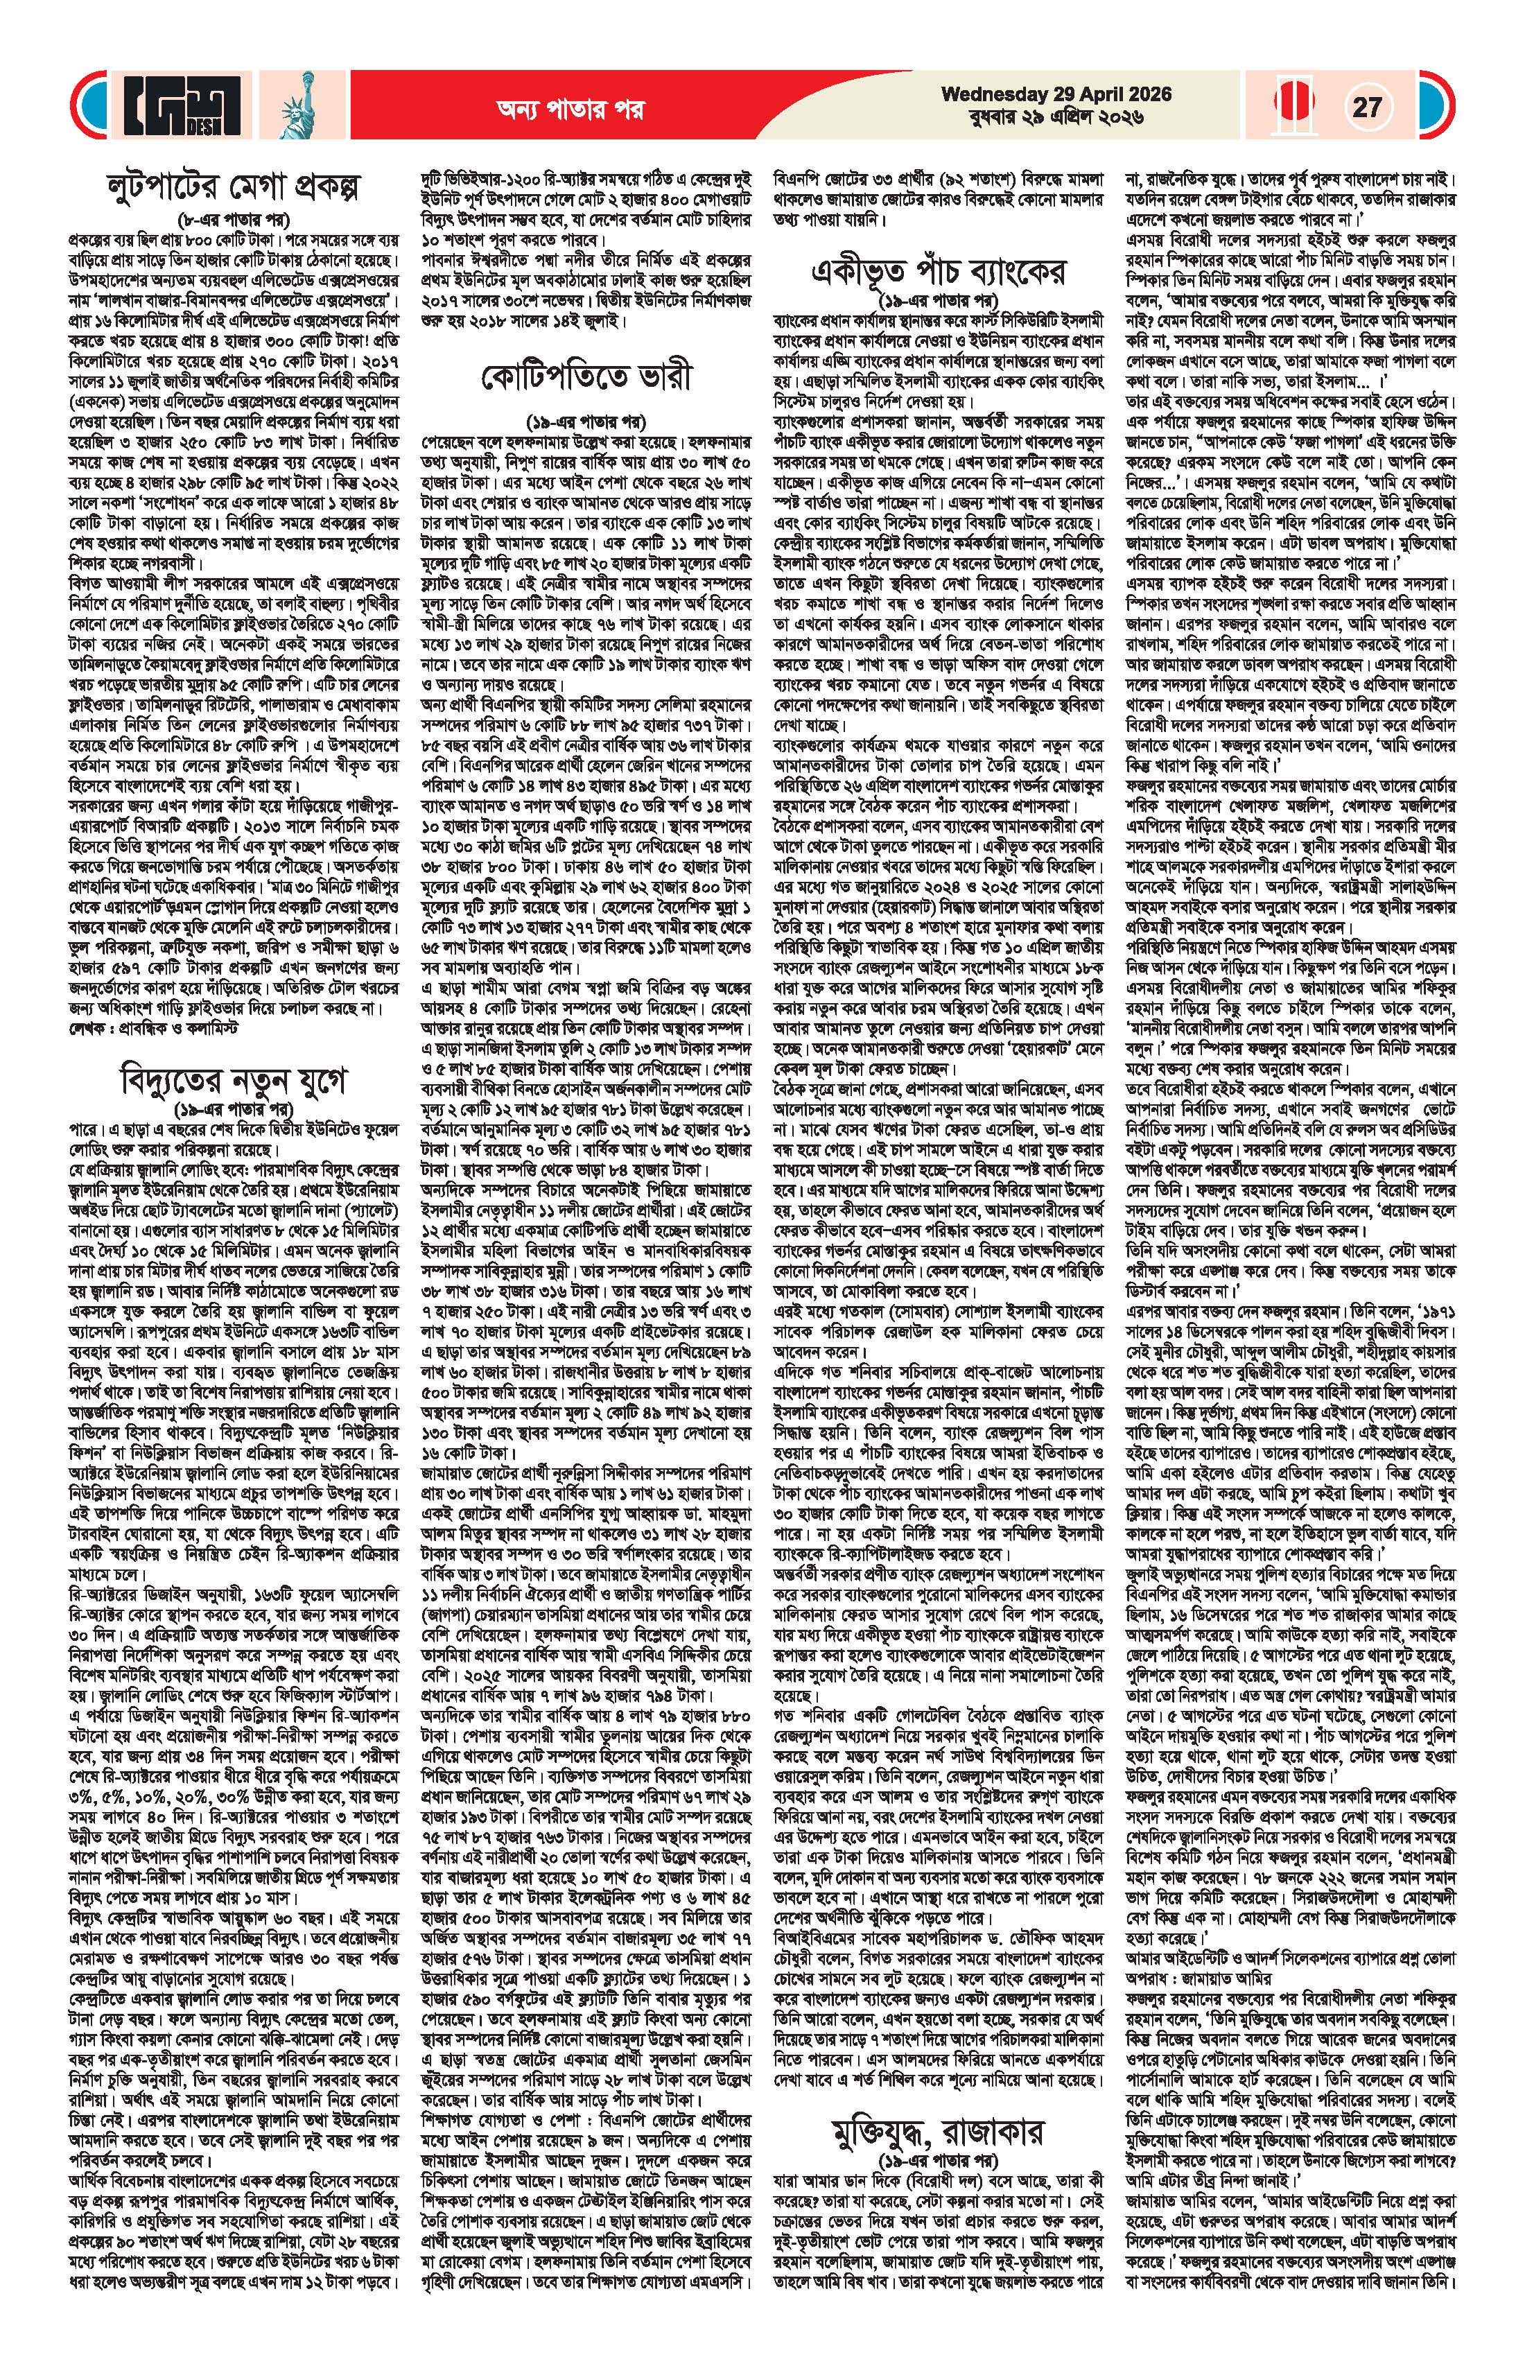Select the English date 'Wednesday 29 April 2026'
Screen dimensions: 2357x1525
[x=1056, y=94]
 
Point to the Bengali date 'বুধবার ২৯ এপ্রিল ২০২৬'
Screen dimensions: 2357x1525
[x=1056, y=118]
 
